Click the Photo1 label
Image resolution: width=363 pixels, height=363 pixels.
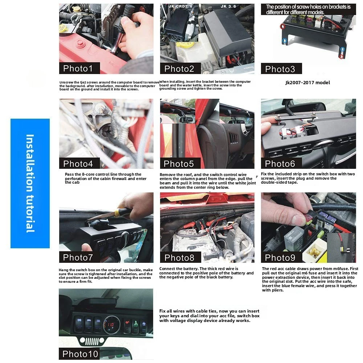tap(78, 68)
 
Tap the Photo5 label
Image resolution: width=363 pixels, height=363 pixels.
tap(179, 163)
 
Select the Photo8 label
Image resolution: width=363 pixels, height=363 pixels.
tap(179, 258)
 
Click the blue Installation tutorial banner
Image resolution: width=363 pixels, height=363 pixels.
tap(30, 183)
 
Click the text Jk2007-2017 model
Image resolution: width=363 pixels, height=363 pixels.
tap(307, 82)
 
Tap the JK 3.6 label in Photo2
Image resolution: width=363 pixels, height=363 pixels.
tap(229, 7)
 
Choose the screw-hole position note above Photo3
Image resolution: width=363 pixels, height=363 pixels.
tap(308, 9)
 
